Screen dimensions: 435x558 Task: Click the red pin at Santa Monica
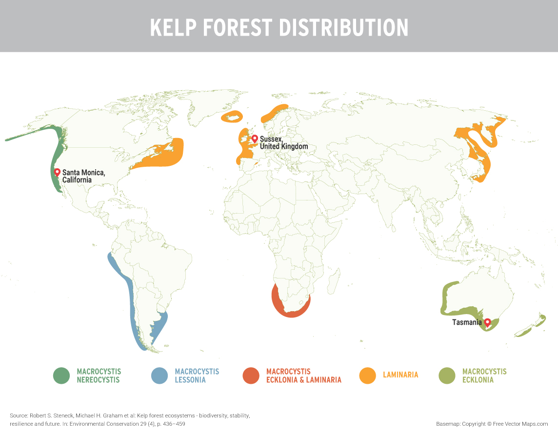point(57,172)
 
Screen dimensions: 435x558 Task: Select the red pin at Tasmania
point(487,322)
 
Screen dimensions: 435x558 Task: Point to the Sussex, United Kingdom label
point(283,142)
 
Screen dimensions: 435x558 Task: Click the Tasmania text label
point(467,322)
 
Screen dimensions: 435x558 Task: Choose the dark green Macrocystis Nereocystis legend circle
point(61,376)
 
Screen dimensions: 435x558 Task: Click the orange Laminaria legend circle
point(367,376)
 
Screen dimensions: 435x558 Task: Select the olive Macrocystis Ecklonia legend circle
point(447,376)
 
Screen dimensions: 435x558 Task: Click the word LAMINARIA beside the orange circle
point(400,375)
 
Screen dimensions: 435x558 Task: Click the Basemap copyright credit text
point(492,424)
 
